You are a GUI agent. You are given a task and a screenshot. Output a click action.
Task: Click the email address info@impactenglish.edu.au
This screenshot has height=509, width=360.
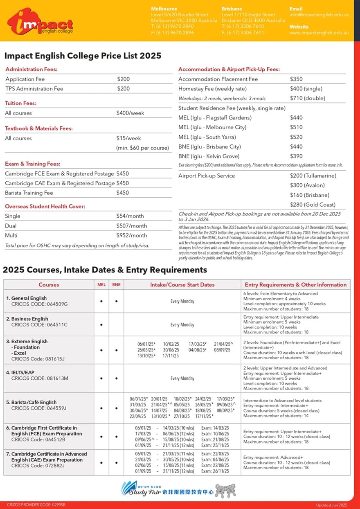319,15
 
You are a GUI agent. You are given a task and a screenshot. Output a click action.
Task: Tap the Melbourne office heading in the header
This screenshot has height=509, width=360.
164,9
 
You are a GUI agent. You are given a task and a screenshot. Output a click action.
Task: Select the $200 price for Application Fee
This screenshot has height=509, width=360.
123,79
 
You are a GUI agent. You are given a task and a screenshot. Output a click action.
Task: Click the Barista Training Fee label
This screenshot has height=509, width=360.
29,193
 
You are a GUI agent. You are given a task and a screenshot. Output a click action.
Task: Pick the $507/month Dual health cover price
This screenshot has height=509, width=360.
131,226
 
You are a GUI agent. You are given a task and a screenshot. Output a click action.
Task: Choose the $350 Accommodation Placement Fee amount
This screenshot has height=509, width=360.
296,79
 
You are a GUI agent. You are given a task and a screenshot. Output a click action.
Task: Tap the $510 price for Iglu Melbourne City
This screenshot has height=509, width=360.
296,127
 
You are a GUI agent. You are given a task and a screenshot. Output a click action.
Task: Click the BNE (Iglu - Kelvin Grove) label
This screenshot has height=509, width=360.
209,156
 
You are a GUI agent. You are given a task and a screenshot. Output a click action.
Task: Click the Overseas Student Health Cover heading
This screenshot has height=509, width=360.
45,206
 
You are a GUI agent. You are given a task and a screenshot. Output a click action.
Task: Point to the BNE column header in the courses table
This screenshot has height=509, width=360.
116,285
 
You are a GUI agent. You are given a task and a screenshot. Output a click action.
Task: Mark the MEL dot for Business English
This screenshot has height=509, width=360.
101,325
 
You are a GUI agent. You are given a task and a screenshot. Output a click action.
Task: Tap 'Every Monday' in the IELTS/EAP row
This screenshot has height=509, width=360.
182,378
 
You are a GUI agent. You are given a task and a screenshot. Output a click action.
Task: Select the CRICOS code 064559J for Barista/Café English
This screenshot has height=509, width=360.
39,408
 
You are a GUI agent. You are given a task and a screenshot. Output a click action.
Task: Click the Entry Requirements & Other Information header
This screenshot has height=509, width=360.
295,285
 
